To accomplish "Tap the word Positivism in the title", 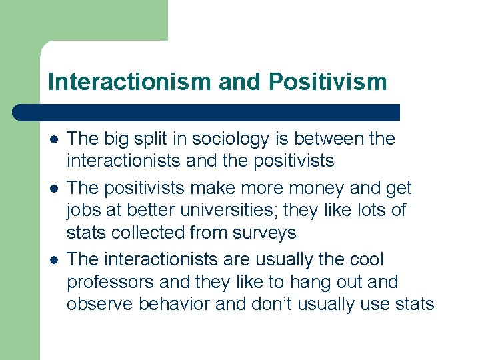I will click(x=328, y=82).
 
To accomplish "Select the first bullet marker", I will click(x=53, y=139).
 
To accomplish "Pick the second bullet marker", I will click(x=53, y=189).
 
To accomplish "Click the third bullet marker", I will click(x=53, y=259).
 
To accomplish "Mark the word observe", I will click(x=101, y=304).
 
